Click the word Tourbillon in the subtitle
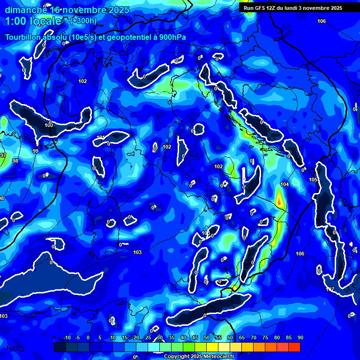pos(25,37)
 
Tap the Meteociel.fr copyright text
pos(199,356)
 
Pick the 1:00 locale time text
pos(33,21)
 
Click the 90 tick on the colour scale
pos(300,338)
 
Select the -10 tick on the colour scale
pos(67,338)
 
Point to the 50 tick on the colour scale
pos(207,338)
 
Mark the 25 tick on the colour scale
pos(148,338)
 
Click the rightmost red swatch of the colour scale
pos(294,347)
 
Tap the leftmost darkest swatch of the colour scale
pos(60,347)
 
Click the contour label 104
pos(284,184)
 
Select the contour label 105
pos(313,180)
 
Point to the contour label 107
pos(330,289)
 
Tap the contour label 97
pos(3,155)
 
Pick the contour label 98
pos(15,161)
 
